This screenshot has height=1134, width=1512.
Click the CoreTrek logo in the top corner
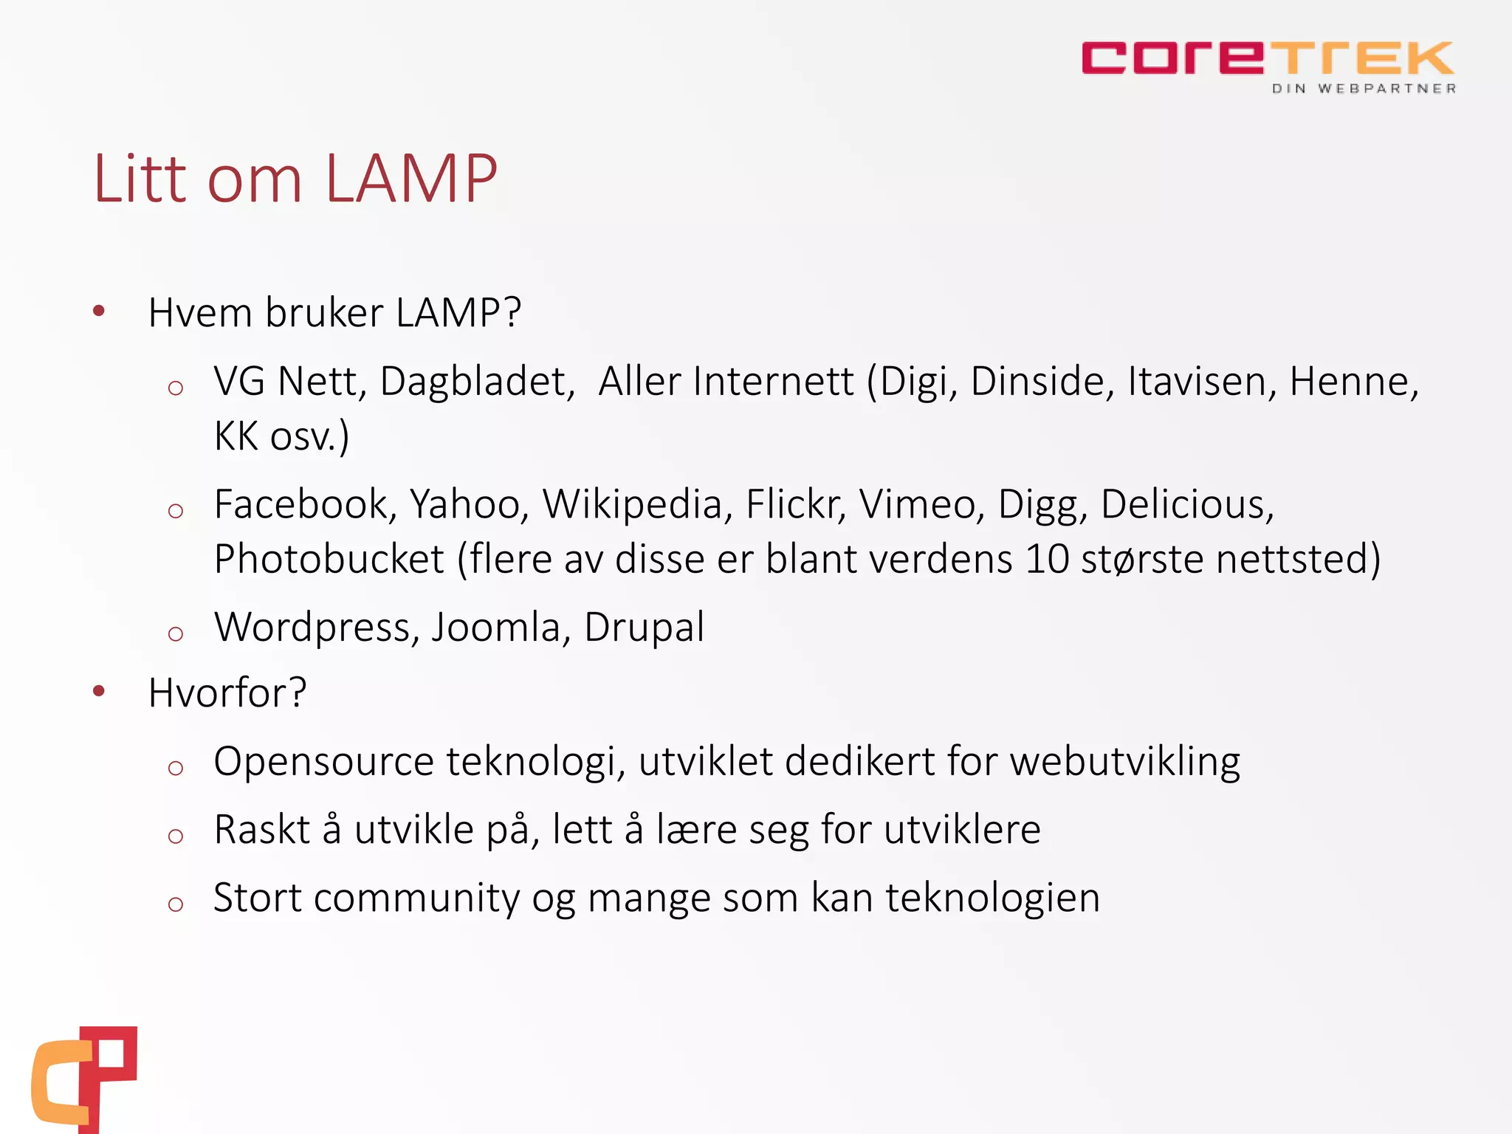pos(1267,58)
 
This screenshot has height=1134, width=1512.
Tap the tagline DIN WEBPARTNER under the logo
pos(1364,89)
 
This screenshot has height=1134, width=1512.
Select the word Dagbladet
pos(477,382)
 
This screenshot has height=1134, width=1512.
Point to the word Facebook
pos(300,505)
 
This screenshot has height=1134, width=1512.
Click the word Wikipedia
pos(633,505)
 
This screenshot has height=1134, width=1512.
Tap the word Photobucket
pos(329,560)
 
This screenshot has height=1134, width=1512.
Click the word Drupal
pos(644,628)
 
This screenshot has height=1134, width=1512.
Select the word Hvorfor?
pos(227,693)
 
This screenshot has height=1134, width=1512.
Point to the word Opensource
pos(323,762)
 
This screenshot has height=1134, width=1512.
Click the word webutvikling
pos(1125,762)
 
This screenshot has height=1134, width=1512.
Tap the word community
pos(416,898)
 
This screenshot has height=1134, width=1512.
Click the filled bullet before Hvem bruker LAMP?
pos(99,312)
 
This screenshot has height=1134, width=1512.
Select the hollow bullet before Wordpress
pos(175,633)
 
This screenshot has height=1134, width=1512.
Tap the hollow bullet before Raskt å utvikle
pos(175,836)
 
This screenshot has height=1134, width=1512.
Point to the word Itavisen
pos(1202,382)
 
